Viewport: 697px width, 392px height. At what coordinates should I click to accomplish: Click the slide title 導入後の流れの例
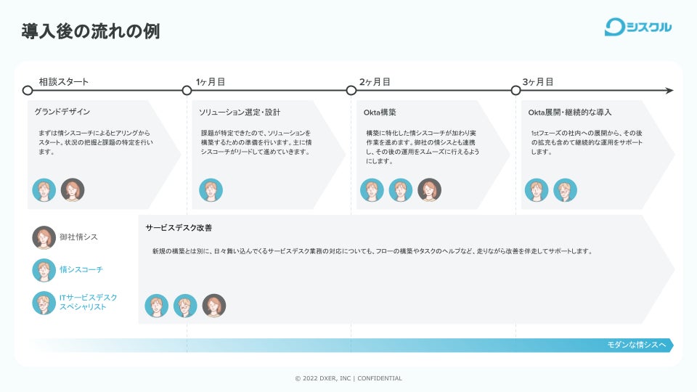click(90, 31)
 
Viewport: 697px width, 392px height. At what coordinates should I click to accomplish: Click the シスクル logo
click(637, 28)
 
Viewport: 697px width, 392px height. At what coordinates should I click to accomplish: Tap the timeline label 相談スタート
click(64, 82)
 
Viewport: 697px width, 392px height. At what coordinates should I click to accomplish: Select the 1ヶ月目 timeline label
click(211, 82)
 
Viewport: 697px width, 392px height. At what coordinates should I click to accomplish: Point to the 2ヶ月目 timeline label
click(375, 82)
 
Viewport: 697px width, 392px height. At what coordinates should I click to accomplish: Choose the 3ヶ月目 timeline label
click(538, 82)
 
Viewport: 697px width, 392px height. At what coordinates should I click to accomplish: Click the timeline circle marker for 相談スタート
click(28, 91)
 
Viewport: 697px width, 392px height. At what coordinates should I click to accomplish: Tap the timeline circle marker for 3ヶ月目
click(516, 91)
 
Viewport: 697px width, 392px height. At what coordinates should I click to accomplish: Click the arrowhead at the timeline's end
click(669, 91)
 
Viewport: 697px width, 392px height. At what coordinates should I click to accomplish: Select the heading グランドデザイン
click(62, 113)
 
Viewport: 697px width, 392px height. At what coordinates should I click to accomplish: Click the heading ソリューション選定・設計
click(240, 113)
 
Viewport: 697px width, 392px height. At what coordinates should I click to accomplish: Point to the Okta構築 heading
click(380, 113)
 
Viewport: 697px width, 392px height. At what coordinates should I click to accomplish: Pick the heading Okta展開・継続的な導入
click(570, 113)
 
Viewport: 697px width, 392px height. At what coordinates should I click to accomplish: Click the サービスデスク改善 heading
click(179, 228)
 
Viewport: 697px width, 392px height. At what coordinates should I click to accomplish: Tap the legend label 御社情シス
click(78, 237)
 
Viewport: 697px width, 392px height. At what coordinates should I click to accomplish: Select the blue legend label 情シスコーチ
click(81, 270)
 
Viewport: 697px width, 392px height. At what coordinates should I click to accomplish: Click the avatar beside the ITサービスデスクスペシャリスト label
click(44, 303)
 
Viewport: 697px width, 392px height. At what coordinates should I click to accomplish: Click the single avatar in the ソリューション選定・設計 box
click(211, 190)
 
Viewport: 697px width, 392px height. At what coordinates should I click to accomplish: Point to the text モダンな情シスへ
click(636, 345)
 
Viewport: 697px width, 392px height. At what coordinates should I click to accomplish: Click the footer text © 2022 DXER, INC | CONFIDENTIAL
click(348, 378)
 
